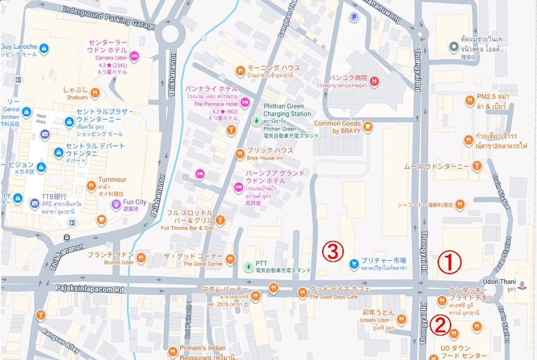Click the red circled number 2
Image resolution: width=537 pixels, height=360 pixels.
(439, 324)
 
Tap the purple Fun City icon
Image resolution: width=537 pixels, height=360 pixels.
(116, 203)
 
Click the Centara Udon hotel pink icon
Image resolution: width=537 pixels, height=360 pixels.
(134, 57)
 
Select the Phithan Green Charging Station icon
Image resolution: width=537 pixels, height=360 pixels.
(255, 120)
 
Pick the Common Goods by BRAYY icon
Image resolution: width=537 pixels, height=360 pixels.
(367, 127)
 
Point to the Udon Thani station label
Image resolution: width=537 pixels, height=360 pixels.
(498, 281)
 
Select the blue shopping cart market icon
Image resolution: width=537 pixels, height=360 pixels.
(353, 264)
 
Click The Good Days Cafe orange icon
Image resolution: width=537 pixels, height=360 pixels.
(301, 293)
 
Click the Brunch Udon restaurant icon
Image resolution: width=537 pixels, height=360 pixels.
(143, 258)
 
